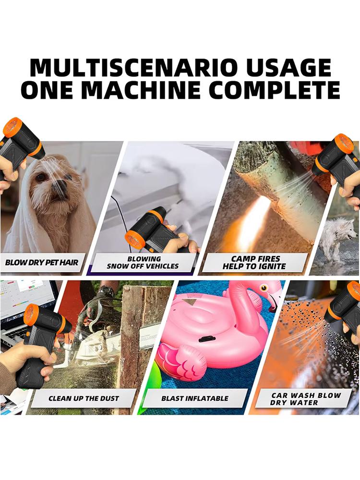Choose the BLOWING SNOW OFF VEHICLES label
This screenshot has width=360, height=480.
[143, 262]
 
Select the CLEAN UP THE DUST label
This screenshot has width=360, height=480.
[84, 398]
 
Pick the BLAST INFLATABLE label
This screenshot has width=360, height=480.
[194, 398]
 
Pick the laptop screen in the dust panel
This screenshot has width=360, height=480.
[22, 302]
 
